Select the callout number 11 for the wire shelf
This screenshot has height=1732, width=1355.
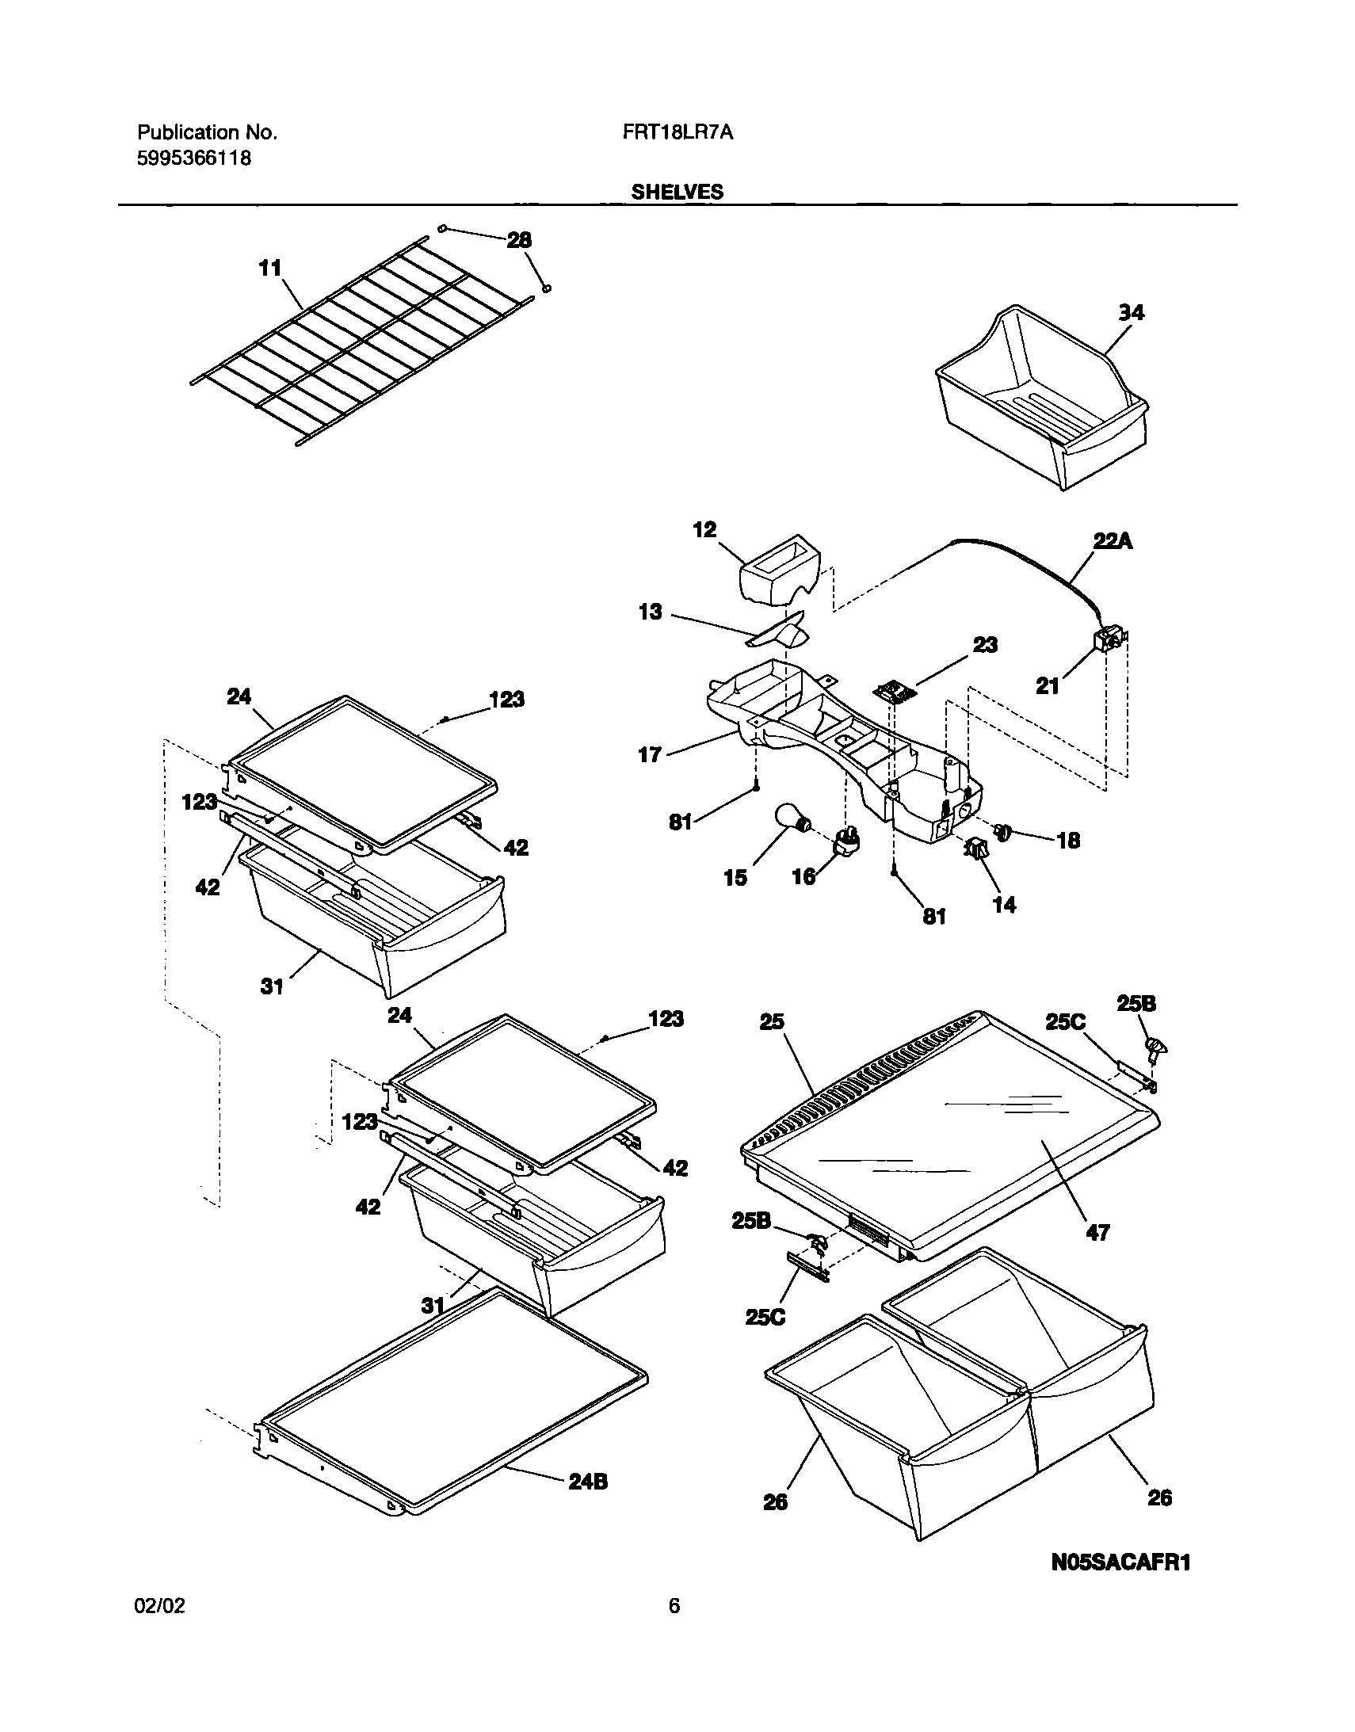270,269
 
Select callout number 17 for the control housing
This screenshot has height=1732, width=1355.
650,754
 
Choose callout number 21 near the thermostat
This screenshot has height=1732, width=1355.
1048,685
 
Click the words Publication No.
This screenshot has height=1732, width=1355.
207,132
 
